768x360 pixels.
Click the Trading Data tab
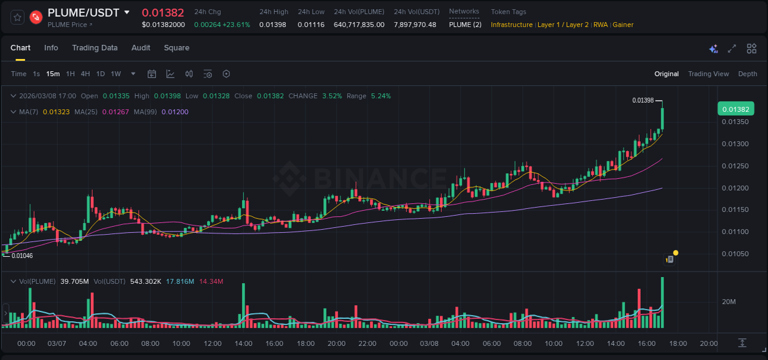95,48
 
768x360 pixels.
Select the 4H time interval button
85,74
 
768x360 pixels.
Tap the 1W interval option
116,74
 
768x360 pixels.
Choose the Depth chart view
747,74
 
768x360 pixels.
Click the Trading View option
708,74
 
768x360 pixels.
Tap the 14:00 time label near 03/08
616,343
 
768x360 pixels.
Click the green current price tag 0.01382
735,109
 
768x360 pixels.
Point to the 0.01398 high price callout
643,100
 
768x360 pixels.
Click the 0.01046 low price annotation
22,256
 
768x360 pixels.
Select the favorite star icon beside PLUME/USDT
17,17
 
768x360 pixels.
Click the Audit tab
141,48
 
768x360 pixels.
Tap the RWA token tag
600,25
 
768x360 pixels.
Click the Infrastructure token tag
511,25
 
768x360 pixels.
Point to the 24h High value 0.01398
272,25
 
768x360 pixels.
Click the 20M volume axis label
729,302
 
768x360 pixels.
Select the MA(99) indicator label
146,112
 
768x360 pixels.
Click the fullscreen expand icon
732,49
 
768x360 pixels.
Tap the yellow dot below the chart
676,252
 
